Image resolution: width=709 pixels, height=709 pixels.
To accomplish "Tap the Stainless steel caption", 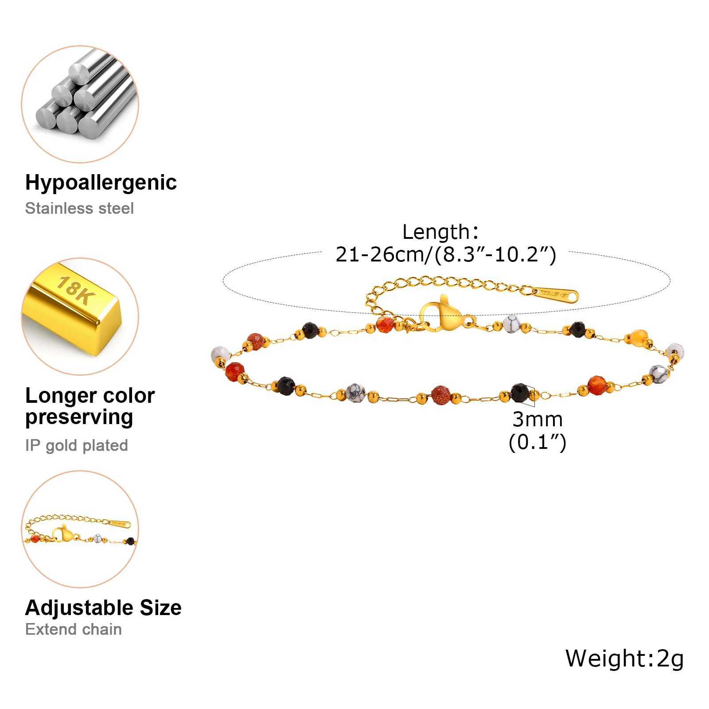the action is pos(79,208).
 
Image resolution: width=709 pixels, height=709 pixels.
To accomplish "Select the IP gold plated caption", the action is pos(77,445).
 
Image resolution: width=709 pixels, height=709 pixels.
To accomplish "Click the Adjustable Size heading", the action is pos(103,608).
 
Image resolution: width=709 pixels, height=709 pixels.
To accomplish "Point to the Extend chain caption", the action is pos(74,629).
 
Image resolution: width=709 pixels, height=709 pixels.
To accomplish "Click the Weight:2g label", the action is pos(625,658).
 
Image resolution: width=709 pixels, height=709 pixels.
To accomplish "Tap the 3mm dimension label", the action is pos(538,419).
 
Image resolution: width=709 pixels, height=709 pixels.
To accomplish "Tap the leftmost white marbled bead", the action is pos(220,354).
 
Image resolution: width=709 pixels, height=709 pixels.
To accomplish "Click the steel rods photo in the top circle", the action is pos(80,104).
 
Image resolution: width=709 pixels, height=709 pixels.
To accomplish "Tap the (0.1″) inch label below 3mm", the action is pos(538,442).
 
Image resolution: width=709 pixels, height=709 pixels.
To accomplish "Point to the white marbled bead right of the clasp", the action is pos(511,323).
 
